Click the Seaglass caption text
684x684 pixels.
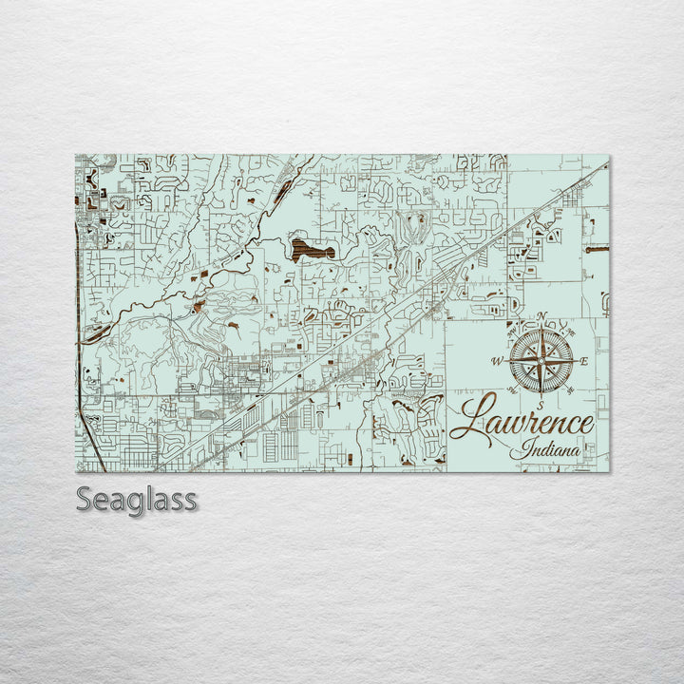pos(137,499)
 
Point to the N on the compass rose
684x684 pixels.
pos(541,316)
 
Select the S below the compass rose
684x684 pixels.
pos(541,406)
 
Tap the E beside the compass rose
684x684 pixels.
pos(585,361)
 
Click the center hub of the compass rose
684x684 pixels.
pos(541,361)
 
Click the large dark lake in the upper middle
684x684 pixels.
pos(313,250)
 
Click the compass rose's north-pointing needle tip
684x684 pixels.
pos(541,326)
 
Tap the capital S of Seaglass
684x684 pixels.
pos(85,499)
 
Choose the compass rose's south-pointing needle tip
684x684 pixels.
pos(541,396)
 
